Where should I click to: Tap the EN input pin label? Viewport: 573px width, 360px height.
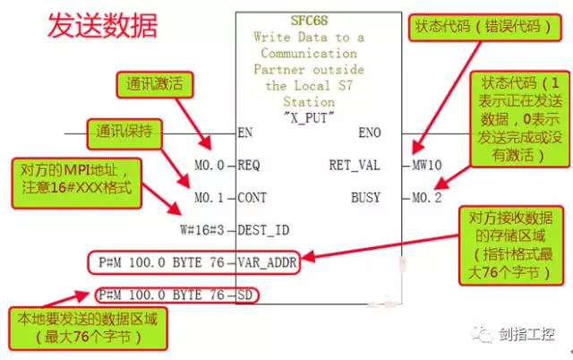coord(246,133)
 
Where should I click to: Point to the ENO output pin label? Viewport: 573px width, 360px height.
coord(369,133)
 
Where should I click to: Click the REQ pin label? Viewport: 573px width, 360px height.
coord(251,165)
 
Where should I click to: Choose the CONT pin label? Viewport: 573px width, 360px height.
coord(254,197)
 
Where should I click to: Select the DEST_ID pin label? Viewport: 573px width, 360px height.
coord(263,230)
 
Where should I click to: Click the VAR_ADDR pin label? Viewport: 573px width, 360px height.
coord(267,262)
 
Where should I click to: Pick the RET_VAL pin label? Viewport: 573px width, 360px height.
coord(355,165)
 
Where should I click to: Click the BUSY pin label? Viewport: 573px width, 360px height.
coord(365,197)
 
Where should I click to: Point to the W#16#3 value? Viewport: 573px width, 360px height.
coord(204,230)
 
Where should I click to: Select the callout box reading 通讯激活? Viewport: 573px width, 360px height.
coord(154,85)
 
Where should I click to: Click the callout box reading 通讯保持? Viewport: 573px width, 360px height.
coord(124,134)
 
